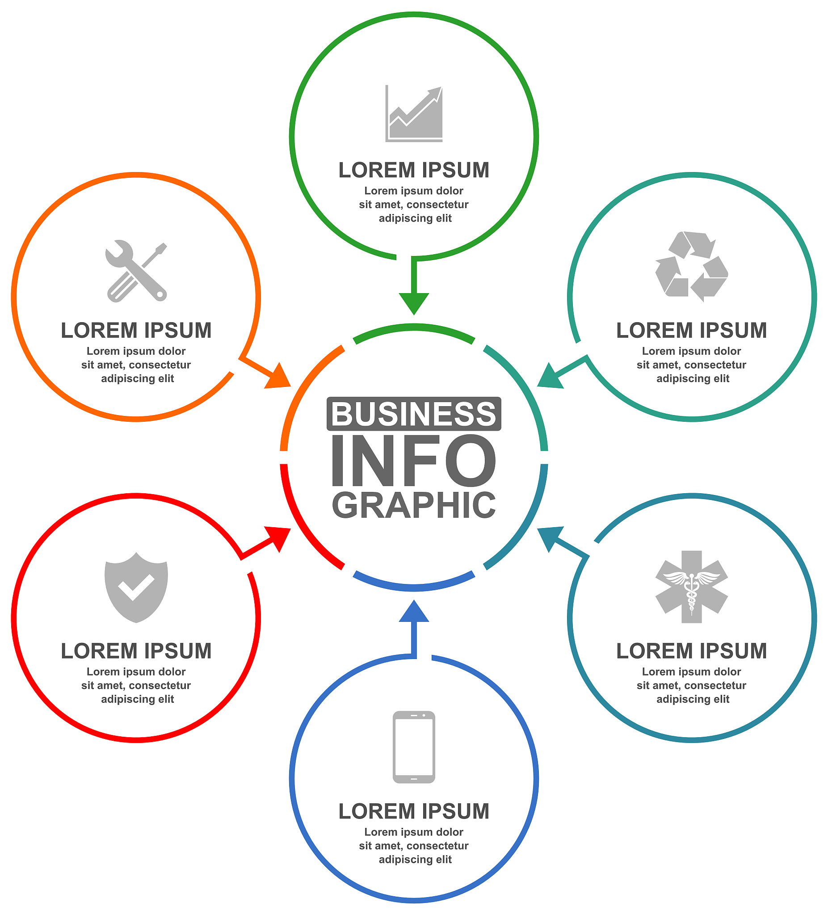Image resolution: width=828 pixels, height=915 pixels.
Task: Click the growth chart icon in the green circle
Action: click(x=413, y=113)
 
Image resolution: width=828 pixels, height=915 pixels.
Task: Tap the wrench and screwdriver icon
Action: click(x=136, y=271)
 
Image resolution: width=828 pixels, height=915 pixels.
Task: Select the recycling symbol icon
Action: click(x=691, y=266)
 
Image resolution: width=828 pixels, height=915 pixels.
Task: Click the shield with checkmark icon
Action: click(x=136, y=588)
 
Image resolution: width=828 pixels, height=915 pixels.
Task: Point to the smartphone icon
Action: click(x=413, y=747)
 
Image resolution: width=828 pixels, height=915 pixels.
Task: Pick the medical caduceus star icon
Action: click(x=691, y=587)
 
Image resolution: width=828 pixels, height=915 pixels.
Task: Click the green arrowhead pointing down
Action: click(x=413, y=304)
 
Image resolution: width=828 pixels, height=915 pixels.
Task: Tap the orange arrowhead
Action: click(x=278, y=376)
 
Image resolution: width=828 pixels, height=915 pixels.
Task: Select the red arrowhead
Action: click(x=278, y=539)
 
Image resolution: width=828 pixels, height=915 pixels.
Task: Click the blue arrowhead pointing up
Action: click(x=413, y=611)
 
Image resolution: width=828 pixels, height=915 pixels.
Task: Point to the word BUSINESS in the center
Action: click(x=413, y=413)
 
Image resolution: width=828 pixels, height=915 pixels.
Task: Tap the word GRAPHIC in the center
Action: click(x=413, y=505)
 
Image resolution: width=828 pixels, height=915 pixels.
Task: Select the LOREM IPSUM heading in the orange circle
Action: click(x=136, y=331)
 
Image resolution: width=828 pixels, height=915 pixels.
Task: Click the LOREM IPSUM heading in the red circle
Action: click(x=136, y=651)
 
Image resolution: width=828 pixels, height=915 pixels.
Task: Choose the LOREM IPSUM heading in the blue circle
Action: click(x=413, y=811)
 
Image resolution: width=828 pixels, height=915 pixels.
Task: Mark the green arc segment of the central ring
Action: click(x=413, y=327)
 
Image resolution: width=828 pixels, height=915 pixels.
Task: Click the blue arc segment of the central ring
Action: click(x=413, y=588)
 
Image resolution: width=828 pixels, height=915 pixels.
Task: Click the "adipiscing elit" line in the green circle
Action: click(x=415, y=218)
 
